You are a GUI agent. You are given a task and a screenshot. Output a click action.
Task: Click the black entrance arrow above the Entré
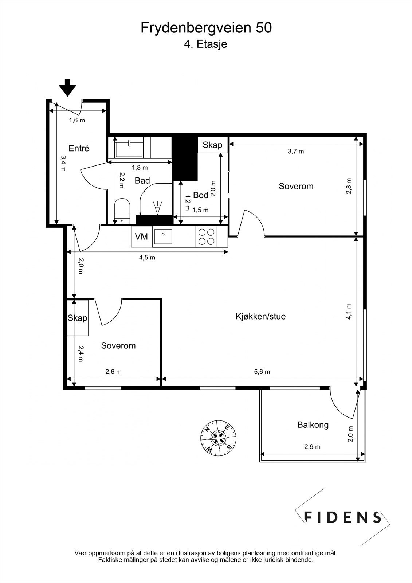[67, 88]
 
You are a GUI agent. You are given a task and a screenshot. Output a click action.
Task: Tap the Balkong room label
[313, 425]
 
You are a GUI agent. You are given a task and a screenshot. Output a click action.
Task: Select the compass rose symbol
[218, 438]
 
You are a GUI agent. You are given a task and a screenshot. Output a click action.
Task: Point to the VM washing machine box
[141, 236]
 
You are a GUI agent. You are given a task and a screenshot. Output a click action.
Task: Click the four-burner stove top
[207, 236]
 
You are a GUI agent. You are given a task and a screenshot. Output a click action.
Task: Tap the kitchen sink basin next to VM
[163, 236]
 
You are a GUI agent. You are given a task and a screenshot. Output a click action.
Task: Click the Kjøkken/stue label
[260, 317]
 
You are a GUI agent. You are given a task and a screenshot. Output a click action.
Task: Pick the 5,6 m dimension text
[262, 372]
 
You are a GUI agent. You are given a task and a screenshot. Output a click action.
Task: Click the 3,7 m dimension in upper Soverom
[296, 152]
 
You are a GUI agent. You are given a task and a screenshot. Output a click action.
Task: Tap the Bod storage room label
[201, 195]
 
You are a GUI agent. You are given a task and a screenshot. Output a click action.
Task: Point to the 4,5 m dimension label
[147, 258]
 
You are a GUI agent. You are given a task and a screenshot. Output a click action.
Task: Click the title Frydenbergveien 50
[206, 28]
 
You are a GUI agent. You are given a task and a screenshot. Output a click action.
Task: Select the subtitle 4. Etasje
[205, 44]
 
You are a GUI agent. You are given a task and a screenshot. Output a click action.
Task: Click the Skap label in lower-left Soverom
[78, 318]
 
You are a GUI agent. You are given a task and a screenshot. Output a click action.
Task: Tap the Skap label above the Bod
[212, 145]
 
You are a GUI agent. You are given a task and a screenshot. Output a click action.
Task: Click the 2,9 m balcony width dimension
[312, 447]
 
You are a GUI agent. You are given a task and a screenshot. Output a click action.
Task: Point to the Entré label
[79, 148]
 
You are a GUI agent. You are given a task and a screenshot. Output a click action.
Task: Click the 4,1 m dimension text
[349, 311]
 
